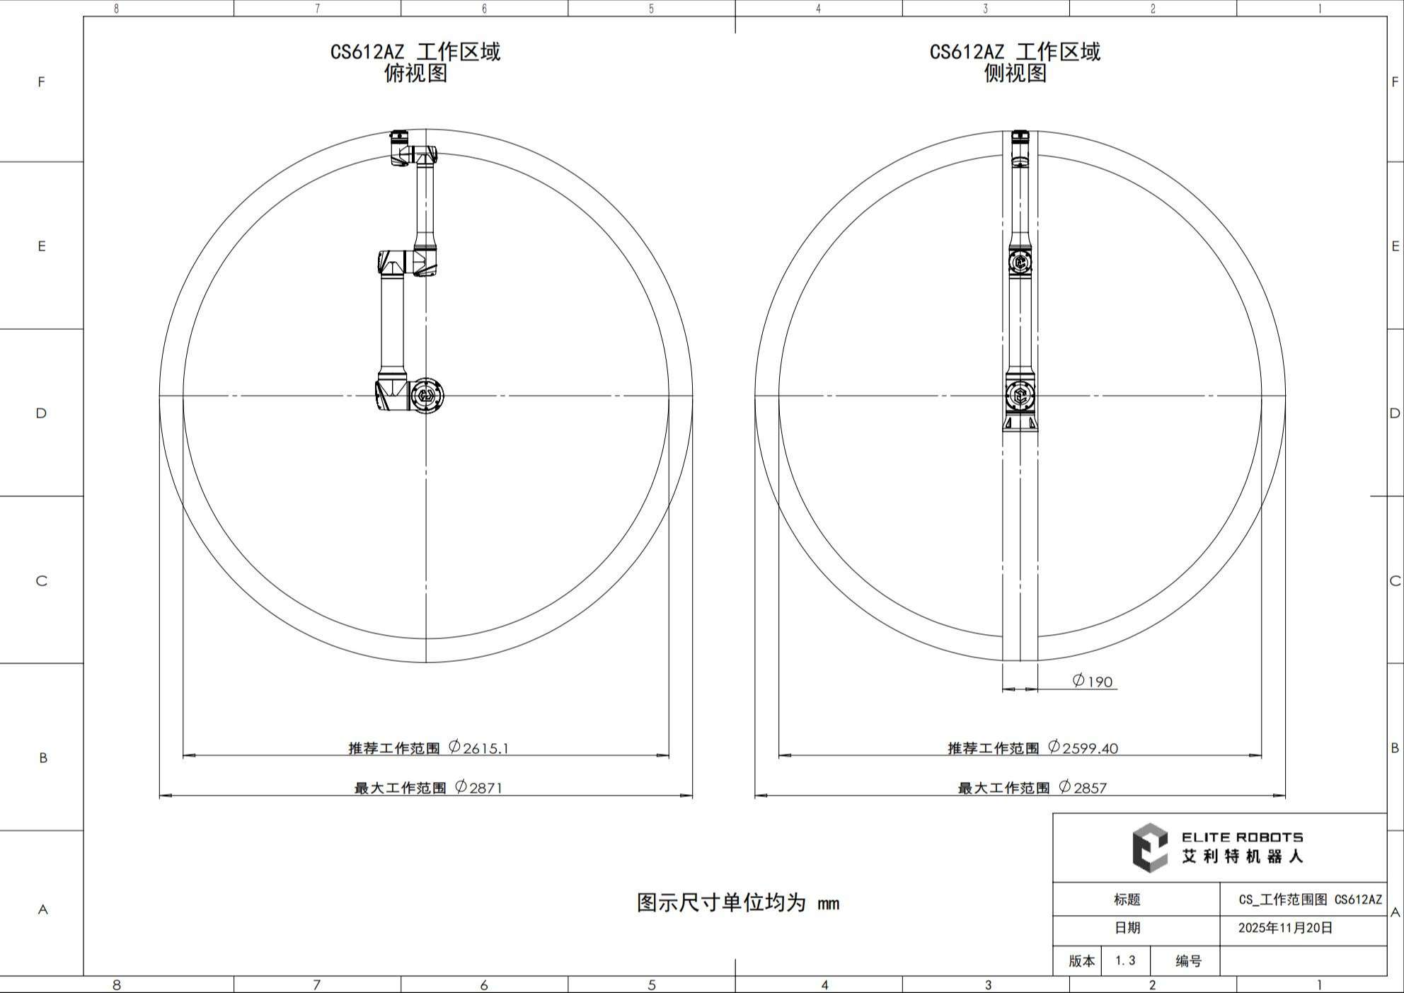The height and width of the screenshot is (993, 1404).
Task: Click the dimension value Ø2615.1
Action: [x=479, y=747]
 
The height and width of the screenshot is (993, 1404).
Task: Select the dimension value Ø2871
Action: [x=479, y=787]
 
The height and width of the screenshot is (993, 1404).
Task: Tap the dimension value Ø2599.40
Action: [x=1083, y=747]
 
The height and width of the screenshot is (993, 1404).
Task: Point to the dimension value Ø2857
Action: [x=1083, y=787]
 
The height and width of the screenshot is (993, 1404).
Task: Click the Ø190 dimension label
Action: [x=1093, y=681]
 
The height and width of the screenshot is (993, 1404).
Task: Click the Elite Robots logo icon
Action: [x=1150, y=847]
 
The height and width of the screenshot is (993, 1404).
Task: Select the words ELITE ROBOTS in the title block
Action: [x=1242, y=837]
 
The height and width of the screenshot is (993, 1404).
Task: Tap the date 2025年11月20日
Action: [x=1285, y=928]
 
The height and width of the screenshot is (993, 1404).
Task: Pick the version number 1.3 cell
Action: [x=1125, y=960]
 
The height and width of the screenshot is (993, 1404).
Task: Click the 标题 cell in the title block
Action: [x=1127, y=900]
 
